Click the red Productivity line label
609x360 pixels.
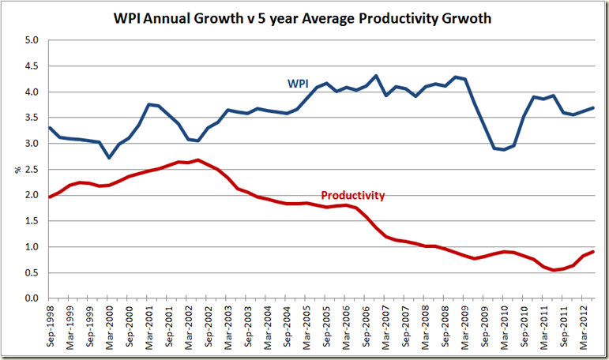coord(352,194)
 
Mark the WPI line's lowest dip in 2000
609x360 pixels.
coord(109,158)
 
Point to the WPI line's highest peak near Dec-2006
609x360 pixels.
coord(375,76)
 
